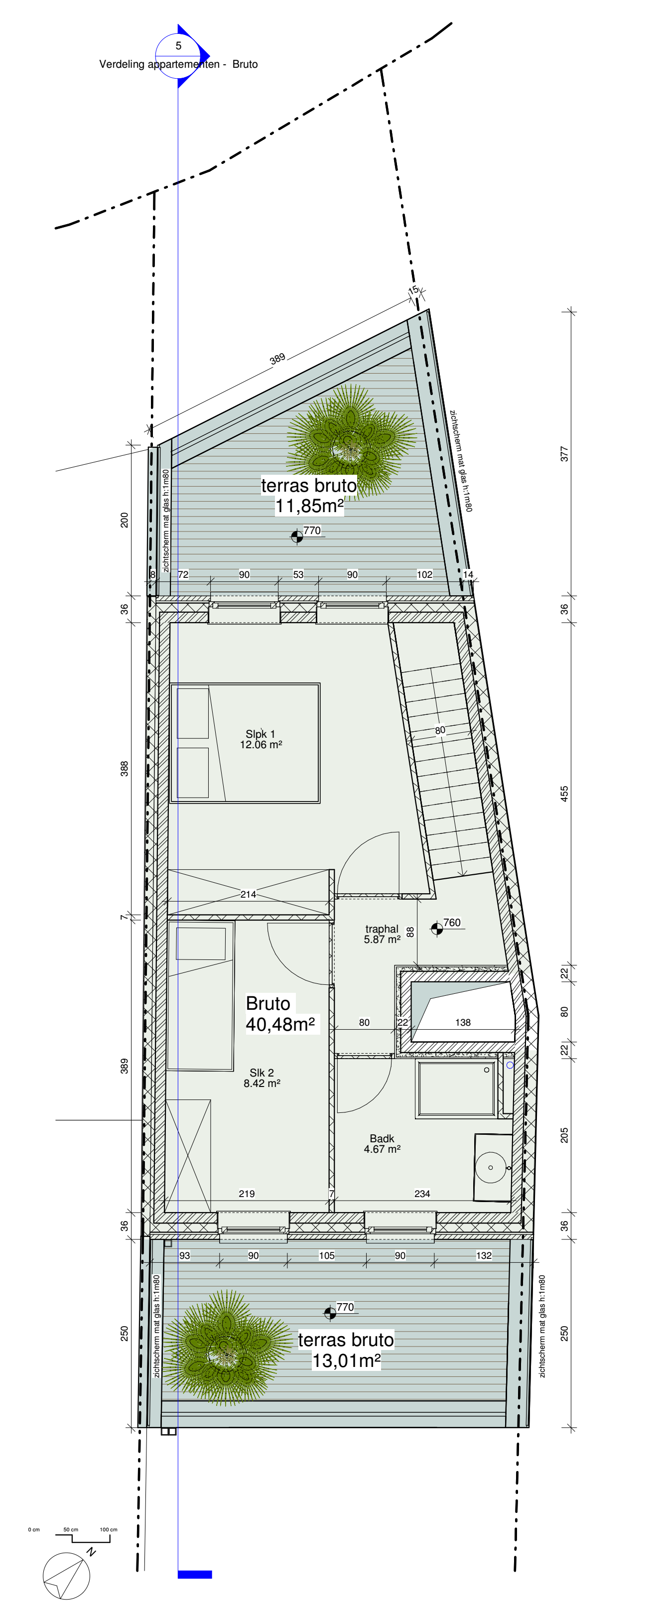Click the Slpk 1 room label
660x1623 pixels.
click(x=261, y=739)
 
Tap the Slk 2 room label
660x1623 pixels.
click(x=262, y=1078)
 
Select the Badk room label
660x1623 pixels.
click(x=382, y=1144)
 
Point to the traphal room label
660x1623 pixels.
click(x=382, y=934)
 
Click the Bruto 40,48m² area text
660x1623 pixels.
click(x=280, y=1014)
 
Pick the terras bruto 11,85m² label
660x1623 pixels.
click(x=309, y=495)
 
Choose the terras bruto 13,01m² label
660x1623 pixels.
click(x=346, y=1350)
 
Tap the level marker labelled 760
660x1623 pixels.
click(x=446, y=926)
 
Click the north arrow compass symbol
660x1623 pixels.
click(x=67, y=1576)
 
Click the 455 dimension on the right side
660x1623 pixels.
click(x=564, y=794)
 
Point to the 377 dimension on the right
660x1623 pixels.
click(x=564, y=454)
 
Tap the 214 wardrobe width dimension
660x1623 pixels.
click(x=248, y=894)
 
